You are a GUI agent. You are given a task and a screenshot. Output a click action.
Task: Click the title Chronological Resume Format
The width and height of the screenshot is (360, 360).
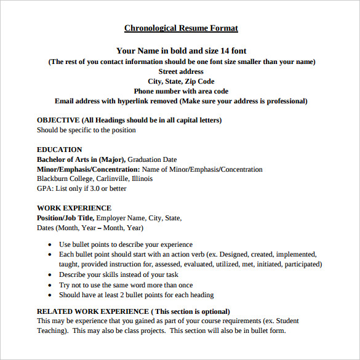pos(181,28)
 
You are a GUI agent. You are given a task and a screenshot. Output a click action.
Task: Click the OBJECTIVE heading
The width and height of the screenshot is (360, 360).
pos(58,120)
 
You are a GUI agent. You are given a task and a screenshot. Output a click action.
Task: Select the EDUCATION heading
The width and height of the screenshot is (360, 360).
pos(59,150)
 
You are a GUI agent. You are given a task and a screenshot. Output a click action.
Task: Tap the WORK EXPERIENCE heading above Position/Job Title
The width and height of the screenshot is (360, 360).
pos(74,208)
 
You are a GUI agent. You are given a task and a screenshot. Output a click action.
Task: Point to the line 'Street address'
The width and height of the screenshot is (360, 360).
pos(181,71)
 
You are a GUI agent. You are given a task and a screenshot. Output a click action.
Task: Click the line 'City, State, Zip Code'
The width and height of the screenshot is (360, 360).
pos(181,81)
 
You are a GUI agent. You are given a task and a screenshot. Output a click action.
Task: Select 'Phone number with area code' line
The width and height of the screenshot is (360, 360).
pos(181,91)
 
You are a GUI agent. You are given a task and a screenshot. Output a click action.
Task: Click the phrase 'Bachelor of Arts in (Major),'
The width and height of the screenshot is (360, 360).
pos(81,159)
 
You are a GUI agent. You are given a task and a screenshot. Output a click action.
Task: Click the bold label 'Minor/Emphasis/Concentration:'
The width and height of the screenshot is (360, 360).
pos(88,169)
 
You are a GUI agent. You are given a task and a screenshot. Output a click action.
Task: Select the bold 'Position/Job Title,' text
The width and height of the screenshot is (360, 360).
pos(65,218)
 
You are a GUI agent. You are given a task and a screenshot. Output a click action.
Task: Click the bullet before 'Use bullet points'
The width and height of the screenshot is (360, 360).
pos(49,245)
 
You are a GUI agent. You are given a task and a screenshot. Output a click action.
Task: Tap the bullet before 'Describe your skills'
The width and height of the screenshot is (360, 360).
pos(49,275)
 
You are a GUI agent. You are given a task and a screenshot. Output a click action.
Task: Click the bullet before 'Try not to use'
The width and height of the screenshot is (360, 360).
pos(49,286)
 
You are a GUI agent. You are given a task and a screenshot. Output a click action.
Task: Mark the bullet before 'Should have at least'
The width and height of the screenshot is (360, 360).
pos(49,295)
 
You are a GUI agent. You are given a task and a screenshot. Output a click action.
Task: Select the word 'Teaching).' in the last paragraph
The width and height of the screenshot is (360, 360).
pos(52,330)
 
